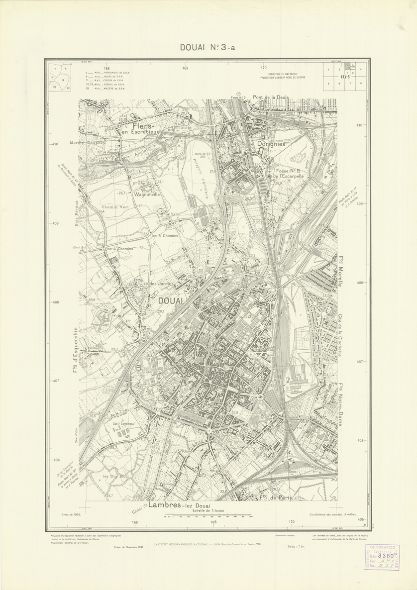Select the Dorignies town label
[x=271, y=144]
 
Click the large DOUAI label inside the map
[x=171, y=300]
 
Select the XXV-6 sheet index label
[x=345, y=77]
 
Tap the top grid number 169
[x=185, y=68]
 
